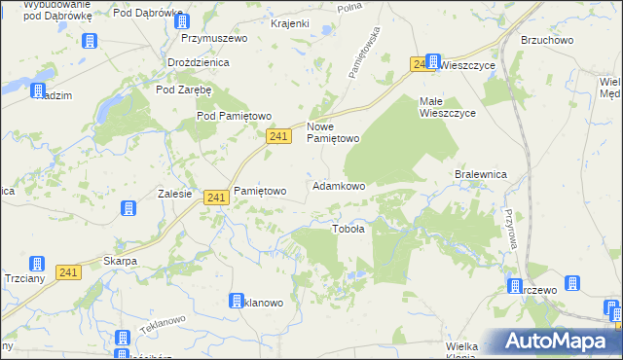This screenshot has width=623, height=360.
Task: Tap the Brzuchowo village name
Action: [547, 41]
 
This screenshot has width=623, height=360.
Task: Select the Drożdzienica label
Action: [198, 61]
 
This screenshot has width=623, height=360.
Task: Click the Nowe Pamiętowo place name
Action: [334, 132]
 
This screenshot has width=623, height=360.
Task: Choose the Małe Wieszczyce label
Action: [447, 107]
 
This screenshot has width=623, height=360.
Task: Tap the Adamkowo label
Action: [338, 185]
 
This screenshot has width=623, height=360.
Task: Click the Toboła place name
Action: [348, 230]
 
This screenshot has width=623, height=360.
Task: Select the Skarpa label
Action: [120, 262]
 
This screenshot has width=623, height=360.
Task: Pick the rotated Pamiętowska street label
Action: [362, 53]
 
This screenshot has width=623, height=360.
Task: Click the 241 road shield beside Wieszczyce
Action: [421, 63]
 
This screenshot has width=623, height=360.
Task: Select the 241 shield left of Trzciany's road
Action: [67, 273]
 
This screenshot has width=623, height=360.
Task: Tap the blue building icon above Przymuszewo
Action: [189, 17]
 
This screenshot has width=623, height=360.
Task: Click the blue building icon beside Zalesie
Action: [128, 208]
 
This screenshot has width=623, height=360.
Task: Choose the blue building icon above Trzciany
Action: [36, 264]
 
